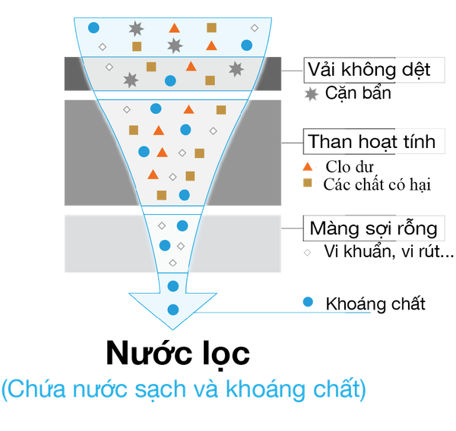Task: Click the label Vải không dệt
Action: pyautogui.click(x=368, y=71)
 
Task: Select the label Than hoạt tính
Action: pyautogui.click(x=370, y=142)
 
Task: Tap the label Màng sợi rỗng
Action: pyautogui.click(x=372, y=228)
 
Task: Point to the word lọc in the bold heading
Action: pyautogui.click(x=218, y=354)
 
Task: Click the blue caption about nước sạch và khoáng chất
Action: pyautogui.click(x=184, y=389)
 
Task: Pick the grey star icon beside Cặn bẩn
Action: pyautogui.click(x=310, y=94)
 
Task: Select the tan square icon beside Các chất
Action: pyautogui.click(x=308, y=184)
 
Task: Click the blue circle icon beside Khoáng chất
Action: pyautogui.click(x=308, y=302)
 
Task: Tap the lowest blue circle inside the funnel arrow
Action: pyautogui.click(x=173, y=310)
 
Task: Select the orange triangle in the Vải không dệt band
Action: pyautogui.click(x=190, y=66)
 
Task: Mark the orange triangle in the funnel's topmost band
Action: pyautogui.click(x=174, y=29)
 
